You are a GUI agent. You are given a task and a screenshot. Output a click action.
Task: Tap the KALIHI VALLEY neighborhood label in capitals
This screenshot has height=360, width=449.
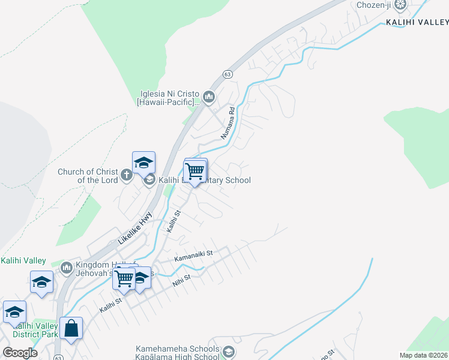tap(417, 22)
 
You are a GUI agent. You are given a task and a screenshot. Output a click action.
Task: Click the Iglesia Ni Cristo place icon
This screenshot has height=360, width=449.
tap(209, 97)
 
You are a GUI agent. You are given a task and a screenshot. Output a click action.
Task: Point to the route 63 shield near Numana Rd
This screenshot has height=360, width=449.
tap(227, 74)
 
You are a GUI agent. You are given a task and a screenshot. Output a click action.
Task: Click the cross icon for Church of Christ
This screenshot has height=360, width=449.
tap(126, 176)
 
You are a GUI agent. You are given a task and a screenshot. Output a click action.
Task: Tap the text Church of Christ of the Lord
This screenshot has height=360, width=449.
tap(88, 176)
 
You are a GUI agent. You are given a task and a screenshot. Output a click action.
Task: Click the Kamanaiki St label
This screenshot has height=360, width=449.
tap(193, 256)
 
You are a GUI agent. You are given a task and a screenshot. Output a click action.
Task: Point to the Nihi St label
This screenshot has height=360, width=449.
tap(182, 279)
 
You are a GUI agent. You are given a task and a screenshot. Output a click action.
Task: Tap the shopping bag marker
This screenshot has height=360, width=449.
tap(71, 329)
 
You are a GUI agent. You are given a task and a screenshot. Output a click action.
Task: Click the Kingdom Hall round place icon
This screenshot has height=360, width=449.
tap(67, 266)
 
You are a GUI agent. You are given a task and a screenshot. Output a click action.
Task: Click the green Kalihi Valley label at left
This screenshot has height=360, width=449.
tap(23, 260)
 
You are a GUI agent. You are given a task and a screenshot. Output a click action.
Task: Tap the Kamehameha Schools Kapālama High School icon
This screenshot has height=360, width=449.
tap(228, 352)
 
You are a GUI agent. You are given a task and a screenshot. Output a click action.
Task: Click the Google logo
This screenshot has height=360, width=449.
tap(20, 352)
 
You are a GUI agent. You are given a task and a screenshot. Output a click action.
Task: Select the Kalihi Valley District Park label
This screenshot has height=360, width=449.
tap(38, 330)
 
